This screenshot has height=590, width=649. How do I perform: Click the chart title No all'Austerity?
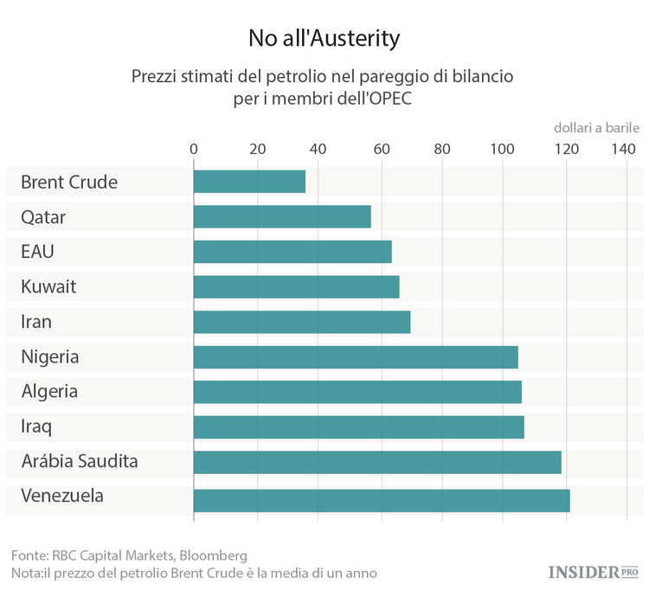point(324,38)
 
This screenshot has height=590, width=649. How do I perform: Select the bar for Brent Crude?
point(249,182)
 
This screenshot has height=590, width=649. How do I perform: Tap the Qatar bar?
point(282,216)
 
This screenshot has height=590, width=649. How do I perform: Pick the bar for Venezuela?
point(382,500)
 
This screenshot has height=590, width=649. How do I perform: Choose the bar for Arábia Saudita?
point(377,462)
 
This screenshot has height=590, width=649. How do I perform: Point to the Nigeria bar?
point(356,356)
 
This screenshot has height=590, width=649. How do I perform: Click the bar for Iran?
point(302,322)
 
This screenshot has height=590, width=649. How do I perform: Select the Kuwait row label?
point(48,286)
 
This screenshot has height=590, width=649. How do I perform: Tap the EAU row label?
point(39,252)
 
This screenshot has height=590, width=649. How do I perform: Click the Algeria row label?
point(50,391)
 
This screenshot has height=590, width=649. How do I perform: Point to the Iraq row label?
point(36,426)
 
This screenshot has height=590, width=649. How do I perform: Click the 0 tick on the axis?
point(194,149)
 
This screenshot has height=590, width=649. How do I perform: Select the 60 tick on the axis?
point(380,149)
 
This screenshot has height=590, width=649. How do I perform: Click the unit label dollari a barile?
point(596,127)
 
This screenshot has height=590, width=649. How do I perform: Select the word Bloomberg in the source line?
point(209,555)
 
